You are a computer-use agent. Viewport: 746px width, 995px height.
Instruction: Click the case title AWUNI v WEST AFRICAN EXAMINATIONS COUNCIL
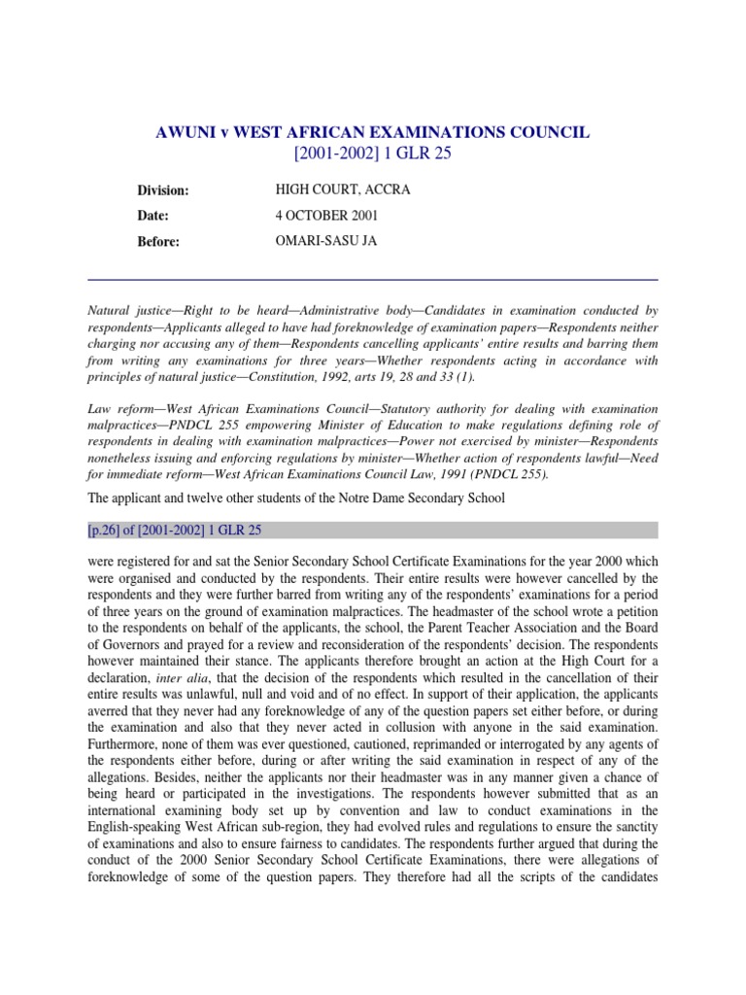tap(373, 132)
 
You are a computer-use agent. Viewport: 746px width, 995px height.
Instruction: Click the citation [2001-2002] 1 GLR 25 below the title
tap(373, 154)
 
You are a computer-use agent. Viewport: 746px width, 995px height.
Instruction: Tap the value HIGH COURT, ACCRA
tap(329, 189)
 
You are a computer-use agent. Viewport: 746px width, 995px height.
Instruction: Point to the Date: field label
tap(153, 216)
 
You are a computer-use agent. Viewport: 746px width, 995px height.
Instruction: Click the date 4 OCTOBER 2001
tap(325, 216)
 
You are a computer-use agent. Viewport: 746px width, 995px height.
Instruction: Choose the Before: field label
tap(158, 242)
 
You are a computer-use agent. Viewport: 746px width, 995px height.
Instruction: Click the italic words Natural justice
tap(130, 310)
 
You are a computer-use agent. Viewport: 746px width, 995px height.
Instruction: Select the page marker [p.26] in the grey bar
tap(106, 531)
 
